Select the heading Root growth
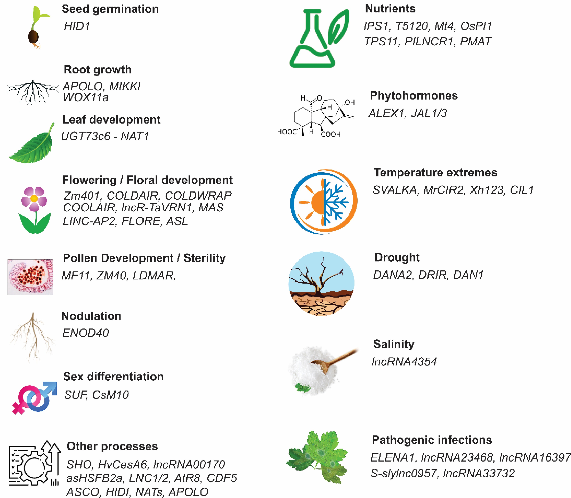pos(98,69)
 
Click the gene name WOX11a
pos(85,97)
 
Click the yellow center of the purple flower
pos(34,198)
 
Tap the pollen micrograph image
pos(30,277)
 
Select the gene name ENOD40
pos(85,333)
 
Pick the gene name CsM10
pos(111,395)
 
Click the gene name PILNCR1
pos(429,41)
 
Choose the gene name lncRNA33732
pos(478,473)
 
